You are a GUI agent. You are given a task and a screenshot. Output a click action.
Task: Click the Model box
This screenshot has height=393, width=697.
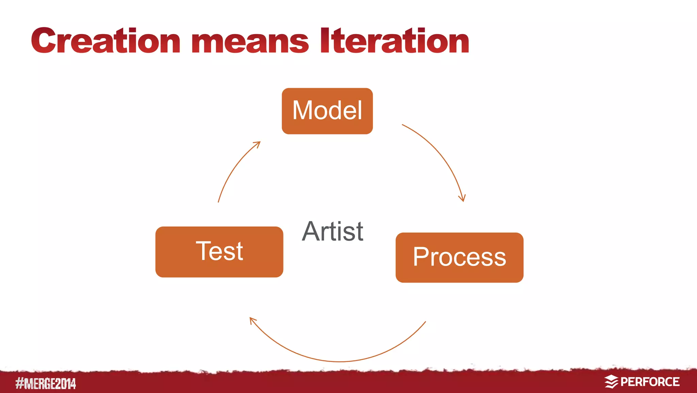(x=327, y=111)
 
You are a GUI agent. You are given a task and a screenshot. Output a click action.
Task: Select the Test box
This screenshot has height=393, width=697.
(x=219, y=252)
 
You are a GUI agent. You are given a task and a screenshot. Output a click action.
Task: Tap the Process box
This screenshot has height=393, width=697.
(x=459, y=257)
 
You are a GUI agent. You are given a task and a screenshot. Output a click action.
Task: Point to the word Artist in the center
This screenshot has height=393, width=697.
(x=333, y=231)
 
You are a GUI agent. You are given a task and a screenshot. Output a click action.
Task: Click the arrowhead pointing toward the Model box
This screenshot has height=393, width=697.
(x=258, y=144)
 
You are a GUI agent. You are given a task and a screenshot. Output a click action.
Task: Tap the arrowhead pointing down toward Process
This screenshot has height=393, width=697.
(x=462, y=198)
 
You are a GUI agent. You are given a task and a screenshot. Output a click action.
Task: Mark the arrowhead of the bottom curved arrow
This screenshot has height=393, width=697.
(x=253, y=320)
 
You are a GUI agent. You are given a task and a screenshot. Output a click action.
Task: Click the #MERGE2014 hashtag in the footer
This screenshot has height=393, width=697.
(x=46, y=383)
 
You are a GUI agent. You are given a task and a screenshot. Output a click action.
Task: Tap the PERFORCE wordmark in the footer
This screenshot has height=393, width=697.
(x=650, y=382)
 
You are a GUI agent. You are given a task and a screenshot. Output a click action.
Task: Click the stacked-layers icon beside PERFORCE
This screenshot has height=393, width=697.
(x=611, y=382)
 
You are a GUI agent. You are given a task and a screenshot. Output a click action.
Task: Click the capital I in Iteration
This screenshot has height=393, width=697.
(x=325, y=41)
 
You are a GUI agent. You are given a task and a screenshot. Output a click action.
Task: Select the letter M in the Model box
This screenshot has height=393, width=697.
(x=303, y=110)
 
